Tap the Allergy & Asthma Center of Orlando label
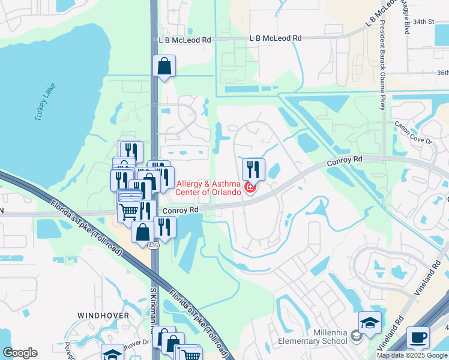(208, 188)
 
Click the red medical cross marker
(250, 188)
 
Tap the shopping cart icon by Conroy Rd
(128, 211)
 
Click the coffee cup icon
(418, 337)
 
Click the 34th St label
(423, 22)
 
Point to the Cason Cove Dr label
(413, 133)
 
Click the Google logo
(20, 353)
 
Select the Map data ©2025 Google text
(412, 355)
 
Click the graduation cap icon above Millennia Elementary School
(370, 322)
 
